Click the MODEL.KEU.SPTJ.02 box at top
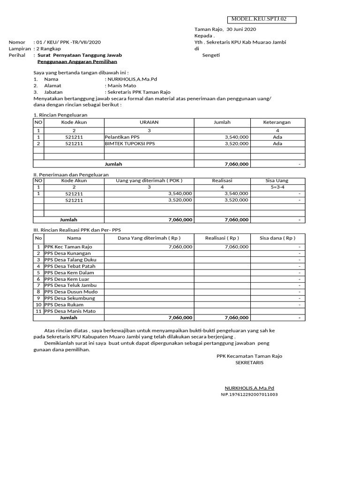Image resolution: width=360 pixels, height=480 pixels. [262, 19]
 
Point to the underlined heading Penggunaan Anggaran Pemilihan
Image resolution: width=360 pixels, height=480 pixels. [77, 61]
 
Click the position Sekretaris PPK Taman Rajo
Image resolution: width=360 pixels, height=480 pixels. [139, 92]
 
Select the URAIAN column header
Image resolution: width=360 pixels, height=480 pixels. [149, 122]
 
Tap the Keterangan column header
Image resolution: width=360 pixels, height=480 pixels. [277, 122]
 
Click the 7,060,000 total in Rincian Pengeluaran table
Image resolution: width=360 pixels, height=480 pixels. [237, 164]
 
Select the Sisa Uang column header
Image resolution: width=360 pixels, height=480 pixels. [277, 180]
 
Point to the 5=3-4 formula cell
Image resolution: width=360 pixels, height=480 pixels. [277, 187]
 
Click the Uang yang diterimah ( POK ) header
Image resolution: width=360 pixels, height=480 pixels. [149, 180]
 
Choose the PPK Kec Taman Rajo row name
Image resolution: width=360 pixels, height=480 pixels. [68, 247]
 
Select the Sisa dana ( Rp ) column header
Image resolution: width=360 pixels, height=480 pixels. [277, 238]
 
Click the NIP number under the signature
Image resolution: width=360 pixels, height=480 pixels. [249, 395]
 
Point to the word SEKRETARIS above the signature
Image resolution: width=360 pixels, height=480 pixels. [249, 363]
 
